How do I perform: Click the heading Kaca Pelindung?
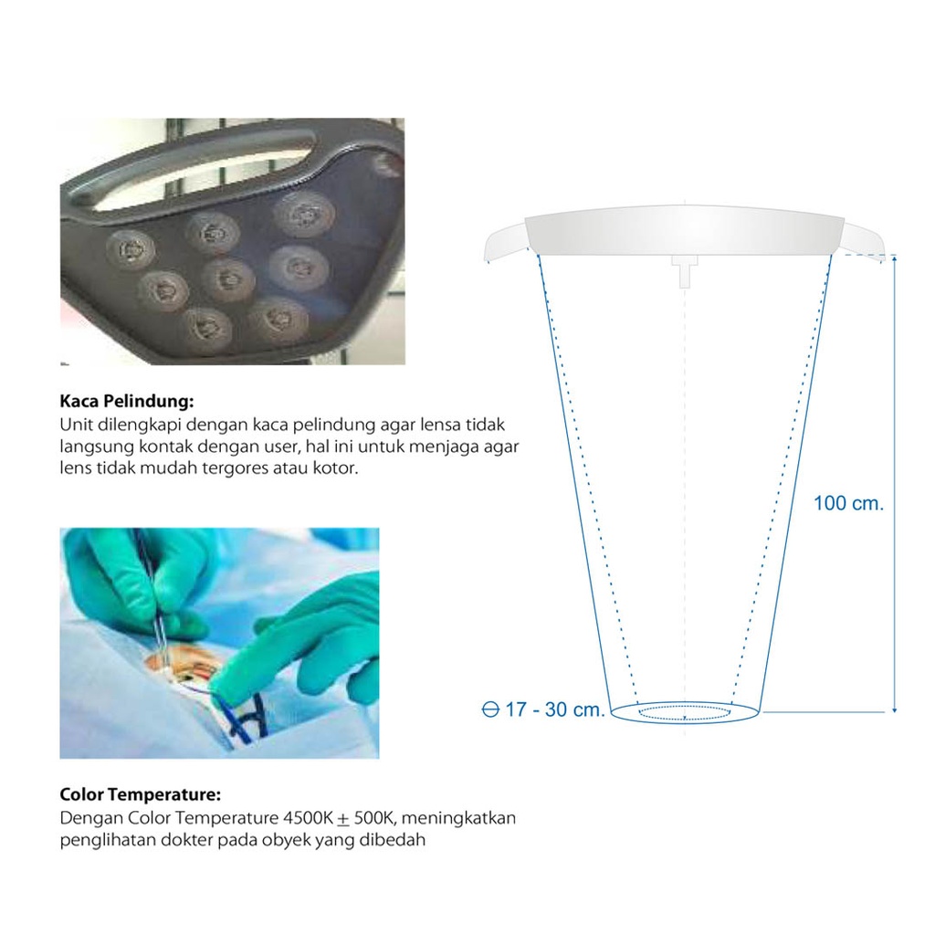127,402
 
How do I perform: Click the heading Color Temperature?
140,794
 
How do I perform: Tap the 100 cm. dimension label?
848,503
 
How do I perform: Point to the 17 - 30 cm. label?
554,709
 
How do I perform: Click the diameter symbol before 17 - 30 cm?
489,709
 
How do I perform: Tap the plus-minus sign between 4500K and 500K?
343,818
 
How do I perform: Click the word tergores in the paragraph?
231,469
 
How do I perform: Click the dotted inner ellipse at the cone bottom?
685,712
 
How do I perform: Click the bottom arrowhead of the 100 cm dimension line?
895,709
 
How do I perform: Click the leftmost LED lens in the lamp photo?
131,248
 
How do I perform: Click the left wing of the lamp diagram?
506,243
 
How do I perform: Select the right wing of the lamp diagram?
864,243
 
